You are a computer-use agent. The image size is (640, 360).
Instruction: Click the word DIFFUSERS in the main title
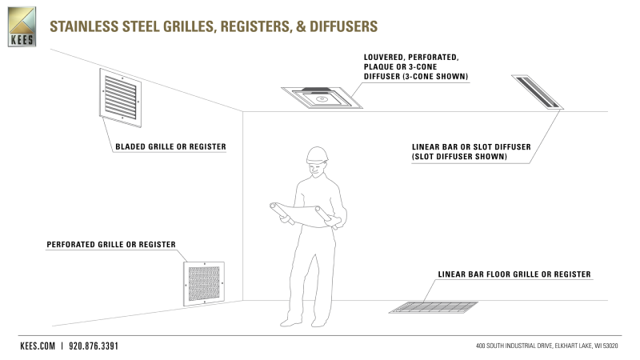[x=339, y=26]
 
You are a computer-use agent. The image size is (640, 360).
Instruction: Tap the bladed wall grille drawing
[x=120, y=97]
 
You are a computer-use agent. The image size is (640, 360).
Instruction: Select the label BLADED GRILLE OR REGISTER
[x=170, y=146]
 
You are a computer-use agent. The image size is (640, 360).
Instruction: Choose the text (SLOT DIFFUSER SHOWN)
[x=459, y=158]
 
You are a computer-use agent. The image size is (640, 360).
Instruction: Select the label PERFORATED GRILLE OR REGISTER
[x=111, y=244]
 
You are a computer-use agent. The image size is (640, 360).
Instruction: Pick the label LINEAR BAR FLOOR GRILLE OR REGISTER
[x=514, y=274]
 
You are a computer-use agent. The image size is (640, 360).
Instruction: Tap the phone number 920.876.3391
[x=94, y=346]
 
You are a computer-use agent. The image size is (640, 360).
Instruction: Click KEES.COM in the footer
[x=38, y=346]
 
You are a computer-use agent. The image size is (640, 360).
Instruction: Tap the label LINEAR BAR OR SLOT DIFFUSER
[x=471, y=148]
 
